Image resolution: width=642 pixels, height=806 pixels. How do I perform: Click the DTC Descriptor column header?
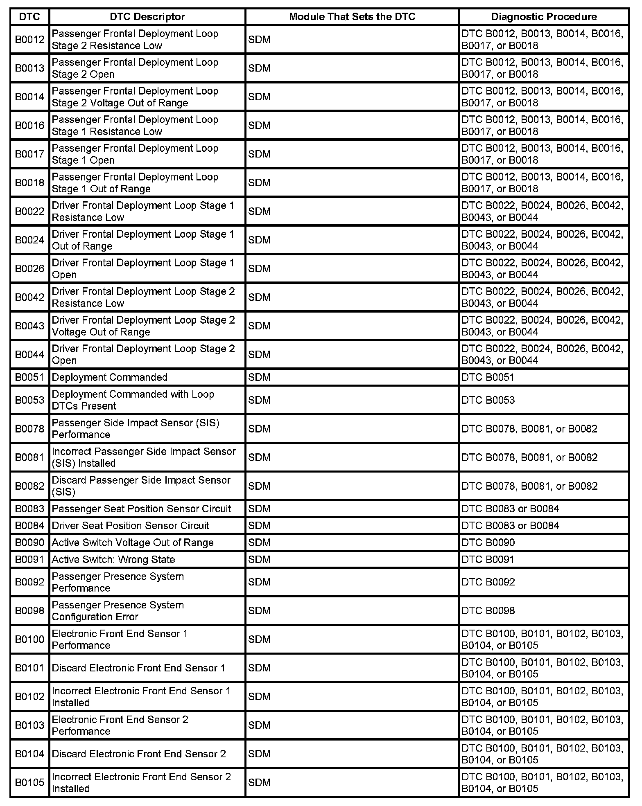[x=147, y=17]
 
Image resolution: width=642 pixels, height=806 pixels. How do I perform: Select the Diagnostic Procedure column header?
[x=544, y=17]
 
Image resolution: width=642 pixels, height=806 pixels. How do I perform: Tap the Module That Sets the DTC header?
[x=352, y=17]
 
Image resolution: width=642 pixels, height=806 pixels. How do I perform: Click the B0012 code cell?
[x=29, y=40]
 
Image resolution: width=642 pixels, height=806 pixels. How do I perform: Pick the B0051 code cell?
[x=29, y=377]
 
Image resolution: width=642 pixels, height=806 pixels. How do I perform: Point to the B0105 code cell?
[x=29, y=782]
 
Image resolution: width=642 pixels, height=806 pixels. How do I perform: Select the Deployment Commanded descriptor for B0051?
[x=110, y=377]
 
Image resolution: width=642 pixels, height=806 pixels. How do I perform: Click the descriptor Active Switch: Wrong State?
[x=113, y=559]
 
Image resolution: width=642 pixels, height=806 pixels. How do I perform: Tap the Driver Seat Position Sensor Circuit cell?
[x=131, y=525]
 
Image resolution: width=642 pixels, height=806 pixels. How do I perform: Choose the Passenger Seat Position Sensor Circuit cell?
[x=142, y=509]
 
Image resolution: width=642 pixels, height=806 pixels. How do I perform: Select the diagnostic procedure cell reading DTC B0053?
[x=488, y=400]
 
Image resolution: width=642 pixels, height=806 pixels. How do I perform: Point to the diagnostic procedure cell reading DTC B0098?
[x=488, y=610]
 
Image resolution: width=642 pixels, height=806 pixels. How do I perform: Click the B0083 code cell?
[x=29, y=509]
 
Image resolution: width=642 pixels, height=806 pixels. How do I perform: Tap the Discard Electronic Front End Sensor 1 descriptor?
[x=139, y=668]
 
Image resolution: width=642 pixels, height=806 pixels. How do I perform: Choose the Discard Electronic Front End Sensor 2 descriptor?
[x=139, y=754]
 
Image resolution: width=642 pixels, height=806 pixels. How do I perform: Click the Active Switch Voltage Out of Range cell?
[x=133, y=543]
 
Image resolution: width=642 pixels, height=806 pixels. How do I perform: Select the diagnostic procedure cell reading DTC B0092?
[x=488, y=582]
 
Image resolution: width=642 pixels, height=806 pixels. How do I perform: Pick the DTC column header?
[x=29, y=17]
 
